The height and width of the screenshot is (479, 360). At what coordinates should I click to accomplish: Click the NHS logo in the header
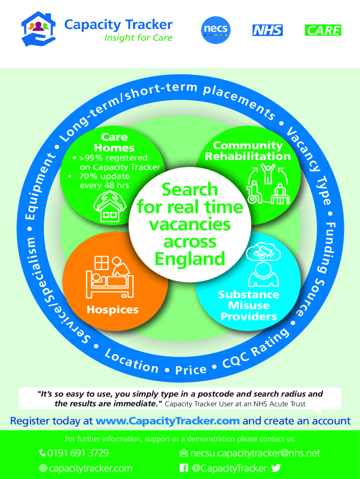pyautogui.click(x=267, y=30)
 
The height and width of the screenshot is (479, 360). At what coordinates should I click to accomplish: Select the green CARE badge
pyautogui.click(x=323, y=30)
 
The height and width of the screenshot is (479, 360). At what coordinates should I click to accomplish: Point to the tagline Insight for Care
pyautogui.click(x=138, y=38)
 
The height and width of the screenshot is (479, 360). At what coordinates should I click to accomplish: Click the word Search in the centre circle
pyautogui.click(x=189, y=189)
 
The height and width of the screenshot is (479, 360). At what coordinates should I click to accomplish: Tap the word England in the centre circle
pyautogui.click(x=189, y=259)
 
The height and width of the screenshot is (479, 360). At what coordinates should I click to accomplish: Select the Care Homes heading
pyautogui.click(x=115, y=142)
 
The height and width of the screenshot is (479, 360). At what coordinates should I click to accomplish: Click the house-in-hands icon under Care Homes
pyautogui.click(x=111, y=206)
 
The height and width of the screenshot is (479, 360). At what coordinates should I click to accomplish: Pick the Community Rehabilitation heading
pyautogui.click(x=248, y=151)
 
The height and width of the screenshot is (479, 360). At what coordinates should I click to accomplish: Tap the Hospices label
pyautogui.click(x=112, y=310)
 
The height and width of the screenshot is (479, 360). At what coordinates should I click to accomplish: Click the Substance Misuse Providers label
pyautogui.click(x=249, y=305)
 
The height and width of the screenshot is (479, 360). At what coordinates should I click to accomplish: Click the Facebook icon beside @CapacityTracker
pyautogui.click(x=184, y=468)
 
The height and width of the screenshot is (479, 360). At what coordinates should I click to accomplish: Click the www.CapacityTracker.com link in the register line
pyautogui.click(x=167, y=421)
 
